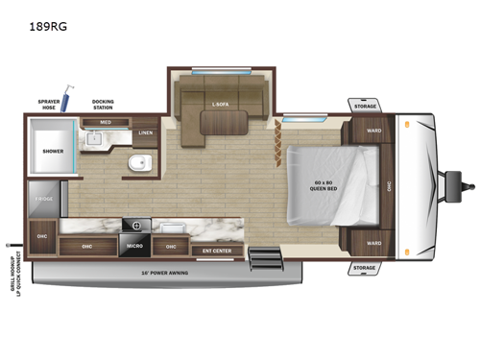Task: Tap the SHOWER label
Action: point(51,151)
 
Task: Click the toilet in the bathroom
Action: point(139,165)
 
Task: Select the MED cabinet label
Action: point(101,122)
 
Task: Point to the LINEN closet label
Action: point(145,133)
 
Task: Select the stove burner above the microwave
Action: point(133,228)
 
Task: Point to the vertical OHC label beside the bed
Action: point(389,186)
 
